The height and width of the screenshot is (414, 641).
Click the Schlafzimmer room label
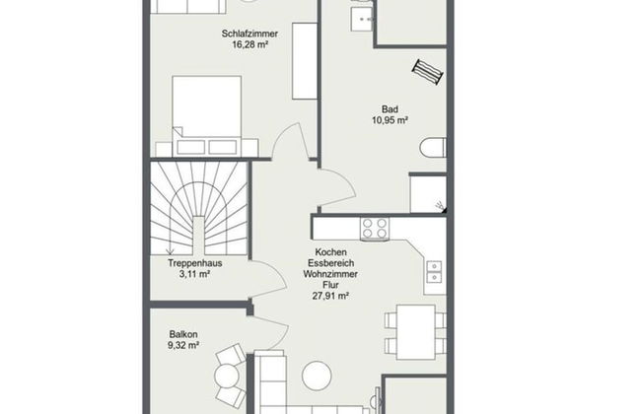(249, 34)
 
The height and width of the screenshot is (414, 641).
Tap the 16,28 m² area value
(249, 44)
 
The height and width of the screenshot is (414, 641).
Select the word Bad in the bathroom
(390, 109)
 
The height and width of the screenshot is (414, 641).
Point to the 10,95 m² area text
(390, 120)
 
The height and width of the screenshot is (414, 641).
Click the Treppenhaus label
(195, 263)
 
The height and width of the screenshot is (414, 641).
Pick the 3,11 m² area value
(194, 274)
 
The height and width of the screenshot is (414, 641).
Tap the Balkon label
(183, 334)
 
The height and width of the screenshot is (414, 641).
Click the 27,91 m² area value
(330, 296)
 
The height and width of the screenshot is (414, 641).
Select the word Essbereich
(330, 263)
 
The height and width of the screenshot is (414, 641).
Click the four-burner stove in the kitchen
(375, 229)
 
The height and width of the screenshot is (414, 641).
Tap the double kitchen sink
(434, 272)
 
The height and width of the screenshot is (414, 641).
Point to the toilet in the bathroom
(433, 148)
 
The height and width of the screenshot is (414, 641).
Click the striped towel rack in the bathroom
(428, 72)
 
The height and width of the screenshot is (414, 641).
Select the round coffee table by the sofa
(317, 376)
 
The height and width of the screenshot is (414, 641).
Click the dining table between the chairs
(416, 332)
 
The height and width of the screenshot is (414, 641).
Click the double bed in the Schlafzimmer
(207, 115)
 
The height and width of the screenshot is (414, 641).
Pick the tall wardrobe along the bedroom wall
(305, 61)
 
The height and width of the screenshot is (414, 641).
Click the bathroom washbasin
(362, 18)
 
